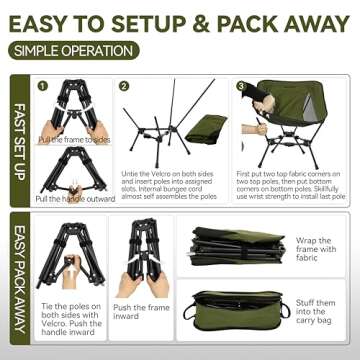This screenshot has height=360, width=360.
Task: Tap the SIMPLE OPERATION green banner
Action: pyautogui.click(x=75, y=48)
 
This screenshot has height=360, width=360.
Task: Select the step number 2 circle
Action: pyautogui.click(x=124, y=86)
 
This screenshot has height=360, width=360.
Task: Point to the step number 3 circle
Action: pyautogui.click(x=241, y=86)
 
